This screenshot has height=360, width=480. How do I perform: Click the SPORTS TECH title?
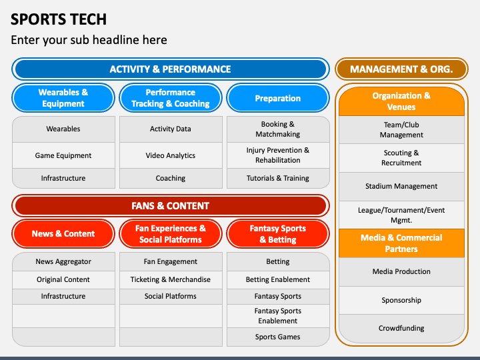coord(59,19)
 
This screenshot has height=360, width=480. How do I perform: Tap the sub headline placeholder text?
coord(89,40)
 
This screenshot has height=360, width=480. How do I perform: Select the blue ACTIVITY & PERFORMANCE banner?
coord(171,69)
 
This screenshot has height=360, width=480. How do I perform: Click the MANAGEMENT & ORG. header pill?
coord(401,69)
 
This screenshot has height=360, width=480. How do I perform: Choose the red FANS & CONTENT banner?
coord(171,206)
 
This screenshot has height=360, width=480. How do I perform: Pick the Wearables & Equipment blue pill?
coord(63,98)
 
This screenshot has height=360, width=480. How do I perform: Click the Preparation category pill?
coord(278,98)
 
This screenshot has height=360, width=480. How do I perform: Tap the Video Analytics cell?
coord(171,155)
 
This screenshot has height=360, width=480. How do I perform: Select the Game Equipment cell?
coord(63,155)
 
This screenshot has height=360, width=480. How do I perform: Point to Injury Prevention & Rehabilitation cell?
coord(278,155)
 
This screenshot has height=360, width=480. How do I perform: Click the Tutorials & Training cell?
coord(278,178)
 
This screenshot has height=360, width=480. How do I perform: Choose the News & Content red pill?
coord(63,233)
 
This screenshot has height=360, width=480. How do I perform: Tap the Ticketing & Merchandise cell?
coord(171,279)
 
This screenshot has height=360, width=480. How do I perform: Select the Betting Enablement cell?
coord(278,279)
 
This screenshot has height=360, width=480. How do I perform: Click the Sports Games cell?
coord(278,337)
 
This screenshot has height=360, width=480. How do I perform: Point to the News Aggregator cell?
coord(63,261)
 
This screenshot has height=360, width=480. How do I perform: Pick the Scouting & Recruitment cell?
coord(401,157)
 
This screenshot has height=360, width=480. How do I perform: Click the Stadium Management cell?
coord(401,186)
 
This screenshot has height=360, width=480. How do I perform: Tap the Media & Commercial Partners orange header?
coord(401,243)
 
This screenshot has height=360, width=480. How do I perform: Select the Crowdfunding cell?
coord(401,328)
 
